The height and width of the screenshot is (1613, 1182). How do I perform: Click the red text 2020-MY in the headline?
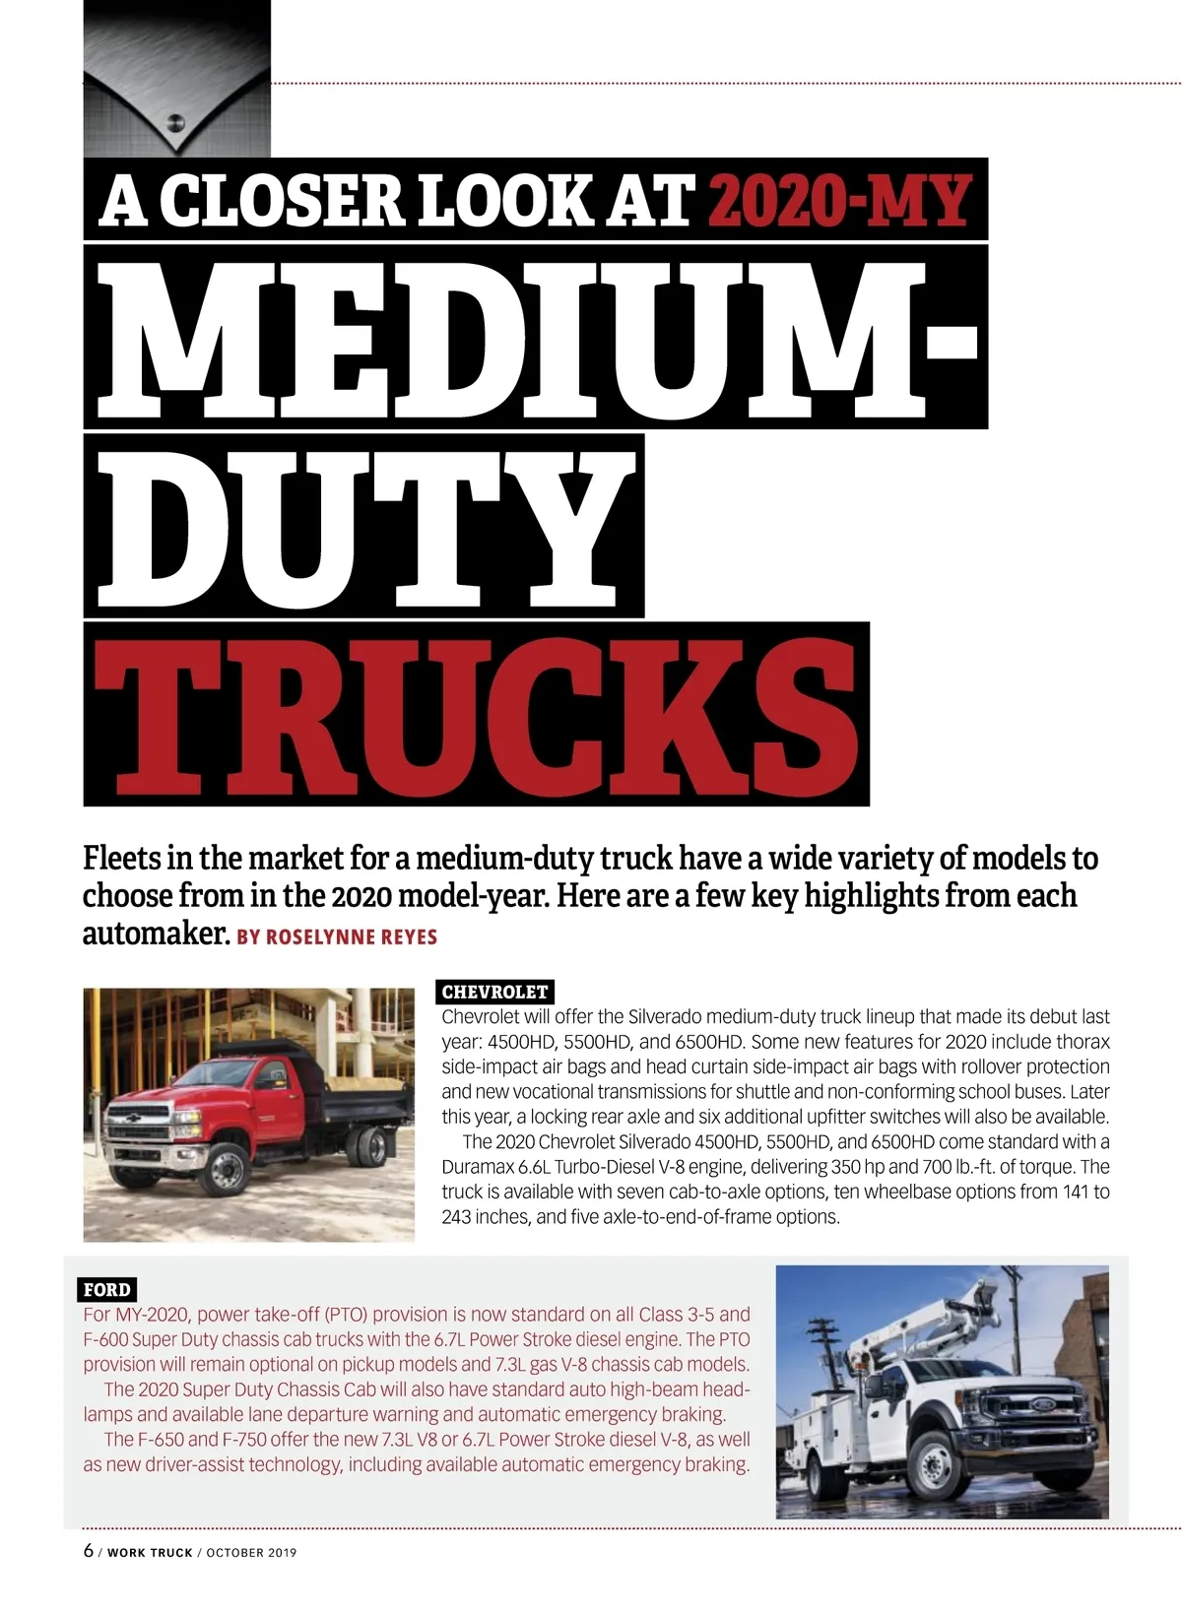pyautogui.click(x=839, y=200)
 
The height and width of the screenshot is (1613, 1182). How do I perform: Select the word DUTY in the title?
pyautogui.click(x=364, y=527)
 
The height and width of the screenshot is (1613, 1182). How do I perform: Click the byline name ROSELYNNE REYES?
pyautogui.click(x=351, y=936)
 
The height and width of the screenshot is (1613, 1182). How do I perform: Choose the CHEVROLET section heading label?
pyautogui.click(x=494, y=992)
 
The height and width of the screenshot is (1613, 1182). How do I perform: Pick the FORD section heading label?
pyautogui.click(x=106, y=1289)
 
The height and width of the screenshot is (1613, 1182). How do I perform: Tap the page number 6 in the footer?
pyautogui.click(x=89, y=1551)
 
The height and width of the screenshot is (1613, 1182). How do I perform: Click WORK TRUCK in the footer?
pyautogui.click(x=150, y=1553)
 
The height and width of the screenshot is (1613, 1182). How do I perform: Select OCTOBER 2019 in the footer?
pyautogui.click(x=251, y=1553)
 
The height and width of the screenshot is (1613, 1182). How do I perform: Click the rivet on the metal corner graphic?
pyautogui.click(x=176, y=124)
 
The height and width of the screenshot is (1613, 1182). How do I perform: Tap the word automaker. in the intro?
pyautogui.click(x=156, y=934)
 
